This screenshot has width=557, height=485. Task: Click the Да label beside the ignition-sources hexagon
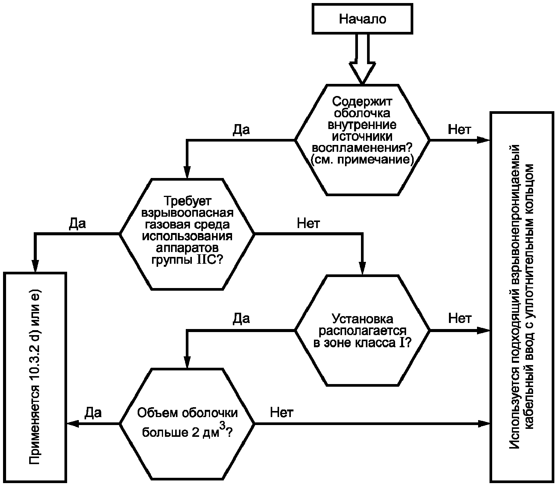[x=241, y=130]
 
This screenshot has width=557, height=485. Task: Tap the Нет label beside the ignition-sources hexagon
[x=460, y=130]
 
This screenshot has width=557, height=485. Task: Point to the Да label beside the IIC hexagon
[x=77, y=224]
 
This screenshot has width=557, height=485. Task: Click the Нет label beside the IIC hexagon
[x=308, y=224]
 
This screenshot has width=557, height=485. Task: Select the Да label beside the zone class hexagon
[x=241, y=318]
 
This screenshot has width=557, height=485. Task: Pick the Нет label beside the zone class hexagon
[x=460, y=318]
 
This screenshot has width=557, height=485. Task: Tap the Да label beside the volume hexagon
[x=93, y=413]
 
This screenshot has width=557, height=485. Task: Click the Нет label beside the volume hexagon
[x=282, y=413]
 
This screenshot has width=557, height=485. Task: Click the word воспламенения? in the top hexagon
[x=362, y=148]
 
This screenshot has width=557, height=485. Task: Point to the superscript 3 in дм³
[x=223, y=427]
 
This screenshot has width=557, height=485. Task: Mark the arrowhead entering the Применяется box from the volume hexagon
[x=73, y=424]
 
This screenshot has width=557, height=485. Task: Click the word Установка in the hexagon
[x=362, y=319]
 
